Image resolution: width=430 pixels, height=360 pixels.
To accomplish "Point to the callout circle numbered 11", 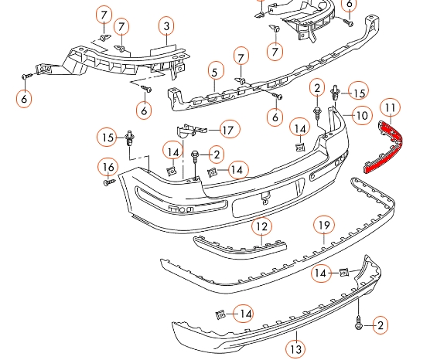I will (x=391, y=107).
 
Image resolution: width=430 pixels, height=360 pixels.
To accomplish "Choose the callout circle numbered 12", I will (x=262, y=226).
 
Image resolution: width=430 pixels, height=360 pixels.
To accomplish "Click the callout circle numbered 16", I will (x=108, y=167).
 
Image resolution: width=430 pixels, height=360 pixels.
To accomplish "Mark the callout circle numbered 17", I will (x=227, y=129).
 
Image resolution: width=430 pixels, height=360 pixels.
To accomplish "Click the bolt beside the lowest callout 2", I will (x=359, y=322).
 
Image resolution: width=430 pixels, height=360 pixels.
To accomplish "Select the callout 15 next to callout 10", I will (x=358, y=92).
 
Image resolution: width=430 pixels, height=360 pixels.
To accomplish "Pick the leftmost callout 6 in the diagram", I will (x=25, y=98).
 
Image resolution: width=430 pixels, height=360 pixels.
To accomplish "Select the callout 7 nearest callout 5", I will (x=241, y=56).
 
